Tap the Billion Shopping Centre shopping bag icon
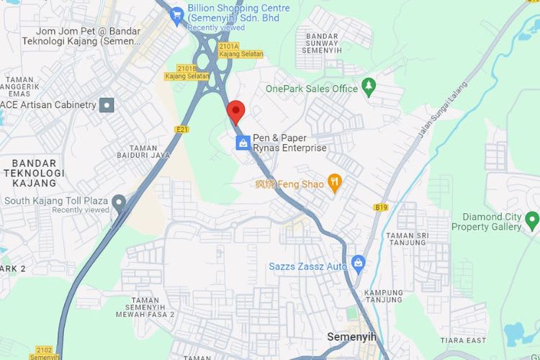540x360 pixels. click(x=177, y=14)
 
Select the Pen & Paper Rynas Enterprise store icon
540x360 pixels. click(x=243, y=143)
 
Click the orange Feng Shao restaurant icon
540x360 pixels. click(x=334, y=183)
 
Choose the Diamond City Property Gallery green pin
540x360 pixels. click(x=531, y=220)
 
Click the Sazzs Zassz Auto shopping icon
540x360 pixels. click(x=358, y=264)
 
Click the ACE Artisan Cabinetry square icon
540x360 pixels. click(x=107, y=105)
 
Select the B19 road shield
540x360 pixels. click(x=381, y=207)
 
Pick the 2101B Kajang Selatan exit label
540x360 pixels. click(x=187, y=72)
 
